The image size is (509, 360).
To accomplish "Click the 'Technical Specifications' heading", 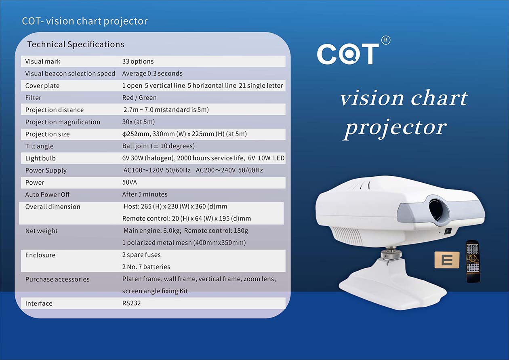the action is (x=76, y=44).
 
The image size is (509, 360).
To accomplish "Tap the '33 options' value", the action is (x=138, y=61).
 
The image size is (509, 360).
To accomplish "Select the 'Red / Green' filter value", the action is (x=139, y=98).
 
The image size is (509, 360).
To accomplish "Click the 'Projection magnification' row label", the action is (x=63, y=122).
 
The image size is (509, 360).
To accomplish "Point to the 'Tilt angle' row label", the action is (x=39, y=146).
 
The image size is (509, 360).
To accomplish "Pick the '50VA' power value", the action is (x=130, y=182).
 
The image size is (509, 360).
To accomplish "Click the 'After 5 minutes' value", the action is (x=145, y=194).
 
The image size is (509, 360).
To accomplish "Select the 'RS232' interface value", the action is (x=132, y=303).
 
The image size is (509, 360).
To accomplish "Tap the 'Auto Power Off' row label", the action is (x=48, y=195).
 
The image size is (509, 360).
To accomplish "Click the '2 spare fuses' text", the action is (x=141, y=255).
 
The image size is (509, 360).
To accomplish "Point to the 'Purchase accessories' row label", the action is (x=57, y=279).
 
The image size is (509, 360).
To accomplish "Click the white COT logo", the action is (x=348, y=54).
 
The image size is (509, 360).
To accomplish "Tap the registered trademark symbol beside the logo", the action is (x=385, y=40).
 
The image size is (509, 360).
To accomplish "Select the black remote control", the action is (x=473, y=261).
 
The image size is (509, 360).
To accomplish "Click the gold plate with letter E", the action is (x=447, y=260).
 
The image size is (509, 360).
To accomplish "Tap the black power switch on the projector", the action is (x=448, y=232).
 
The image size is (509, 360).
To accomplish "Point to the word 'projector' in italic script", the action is (x=395, y=128).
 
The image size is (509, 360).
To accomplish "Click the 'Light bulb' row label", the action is (x=40, y=158).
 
